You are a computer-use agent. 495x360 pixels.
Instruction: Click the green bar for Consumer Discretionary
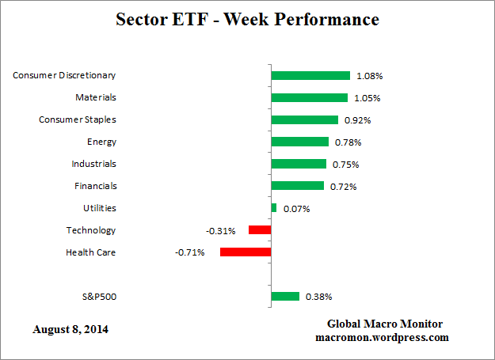tap(310, 76)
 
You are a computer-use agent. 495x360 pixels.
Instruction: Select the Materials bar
tap(309, 98)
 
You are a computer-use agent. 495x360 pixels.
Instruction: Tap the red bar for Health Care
tap(246, 252)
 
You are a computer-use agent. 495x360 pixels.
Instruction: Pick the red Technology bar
tap(260, 230)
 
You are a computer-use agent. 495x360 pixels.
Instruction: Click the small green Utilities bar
tap(274, 208)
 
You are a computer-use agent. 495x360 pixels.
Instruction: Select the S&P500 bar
tap(285, 297)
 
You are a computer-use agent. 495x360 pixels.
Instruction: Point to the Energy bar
tap(299, 142)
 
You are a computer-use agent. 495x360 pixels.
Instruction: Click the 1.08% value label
tap(369, 76)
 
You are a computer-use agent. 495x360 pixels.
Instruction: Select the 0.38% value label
tap(318, 297)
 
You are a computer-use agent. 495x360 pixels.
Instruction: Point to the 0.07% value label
tap(296, 209)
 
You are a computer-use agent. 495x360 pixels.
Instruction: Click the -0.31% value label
tap(221, 231)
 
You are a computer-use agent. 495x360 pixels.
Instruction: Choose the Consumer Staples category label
tap(78, 119)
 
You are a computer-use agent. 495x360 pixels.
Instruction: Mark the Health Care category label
tap(91, 252)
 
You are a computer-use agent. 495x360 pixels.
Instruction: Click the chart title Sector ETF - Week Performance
tap(247, 18)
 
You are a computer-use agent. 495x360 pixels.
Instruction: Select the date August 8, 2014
tap(71, 328)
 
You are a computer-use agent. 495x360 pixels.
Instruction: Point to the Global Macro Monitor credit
tap(385, 324)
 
